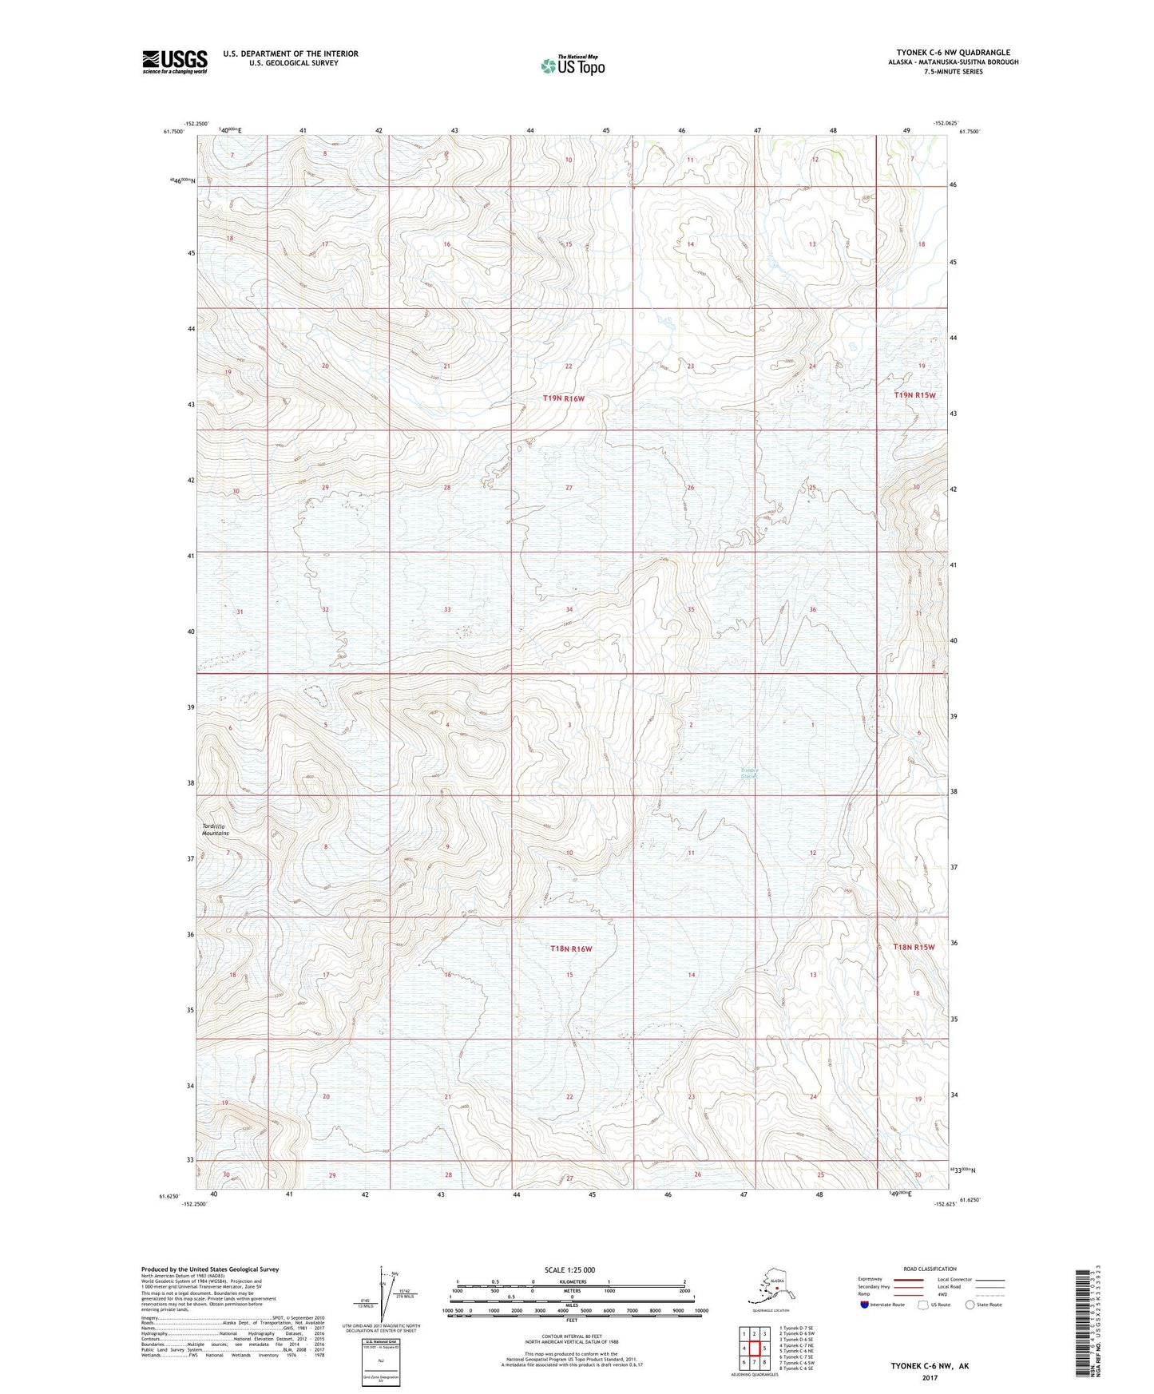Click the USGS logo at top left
coord(175,61)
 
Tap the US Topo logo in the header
coord(572,65)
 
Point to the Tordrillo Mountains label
coord(215,830)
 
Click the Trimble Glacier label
coord(748,773)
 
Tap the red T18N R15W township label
coord(913,947)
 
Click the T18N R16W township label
coord(570,948)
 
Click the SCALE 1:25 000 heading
coord(569,1269)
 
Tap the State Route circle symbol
coord(970,1305)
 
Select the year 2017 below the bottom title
coord(930,1377)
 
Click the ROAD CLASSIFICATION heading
coord(930,1269)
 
